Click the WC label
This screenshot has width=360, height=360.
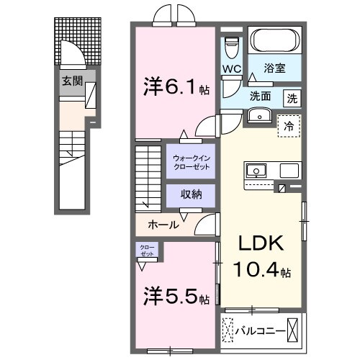click(x=231, y=69)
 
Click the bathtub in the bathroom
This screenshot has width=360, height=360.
click(x=275, y=42)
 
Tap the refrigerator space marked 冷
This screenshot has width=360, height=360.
click(x=289, y=125)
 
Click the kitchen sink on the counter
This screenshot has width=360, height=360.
click(x=256, y=171)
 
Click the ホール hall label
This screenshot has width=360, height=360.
click(x=164, y=224)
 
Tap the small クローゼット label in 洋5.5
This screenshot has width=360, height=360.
click(x=147, y=251)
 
